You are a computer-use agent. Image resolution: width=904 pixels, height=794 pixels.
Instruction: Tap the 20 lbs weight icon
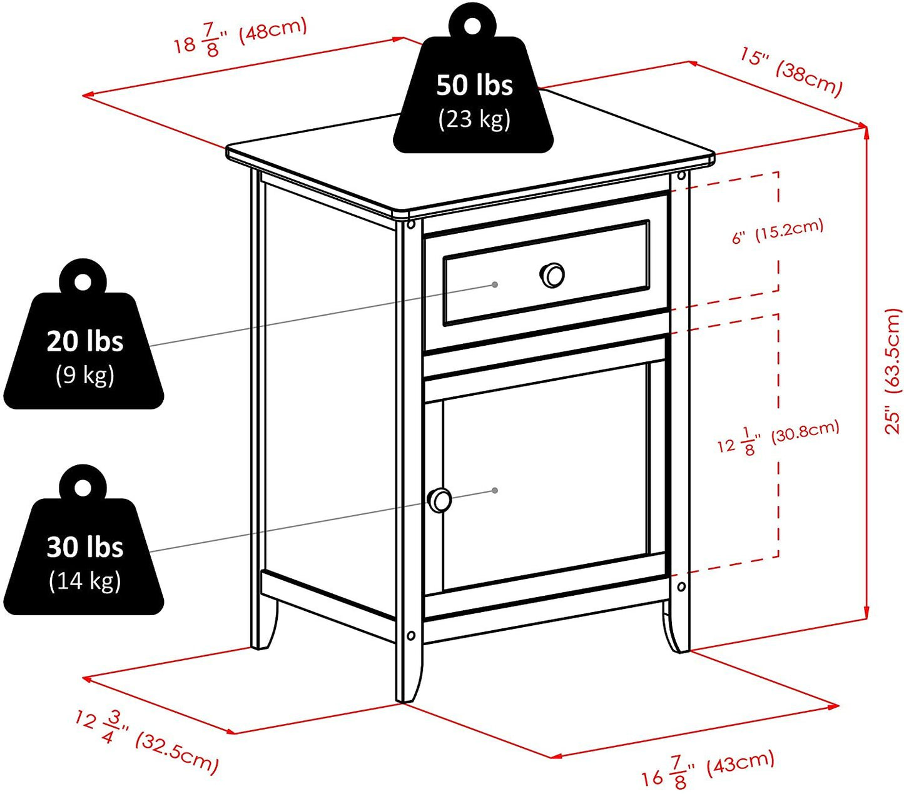click(x=84, y=350)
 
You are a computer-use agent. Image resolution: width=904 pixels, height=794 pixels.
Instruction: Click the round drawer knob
click(x=552, y=275)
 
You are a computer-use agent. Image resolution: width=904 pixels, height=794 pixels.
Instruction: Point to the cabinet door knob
click(x=440, y=500)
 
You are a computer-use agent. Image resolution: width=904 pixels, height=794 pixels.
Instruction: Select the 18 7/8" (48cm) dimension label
click(x=241, y=38)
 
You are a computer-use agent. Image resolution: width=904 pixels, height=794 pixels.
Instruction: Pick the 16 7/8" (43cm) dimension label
click(x=708, y=769)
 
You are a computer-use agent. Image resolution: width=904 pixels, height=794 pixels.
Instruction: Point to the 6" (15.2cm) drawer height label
click(x=778, y=231)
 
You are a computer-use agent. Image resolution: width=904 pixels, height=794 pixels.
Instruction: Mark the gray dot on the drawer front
click(x=495, y=284)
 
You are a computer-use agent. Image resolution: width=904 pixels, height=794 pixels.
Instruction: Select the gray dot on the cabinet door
click(x=495, y=490)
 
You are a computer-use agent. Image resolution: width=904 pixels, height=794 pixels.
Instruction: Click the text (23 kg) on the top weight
click(x=474, y=118)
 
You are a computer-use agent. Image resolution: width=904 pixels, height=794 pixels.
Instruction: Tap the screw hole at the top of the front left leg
click(x=411, y=224)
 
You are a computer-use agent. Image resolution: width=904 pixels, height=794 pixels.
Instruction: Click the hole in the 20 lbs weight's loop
click(x=83, y=281)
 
